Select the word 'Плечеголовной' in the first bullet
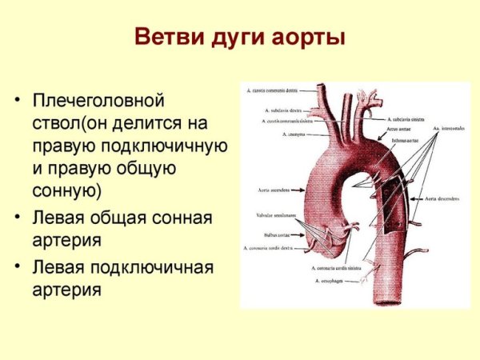pyautogui.click(x=98, y=102)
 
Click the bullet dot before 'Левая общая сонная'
pyautogui.click(x=18, y=217)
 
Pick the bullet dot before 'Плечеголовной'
pyautogui.click(x=18, y=102)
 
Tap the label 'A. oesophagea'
pyautogui.click(x=329, y=281)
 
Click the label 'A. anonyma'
pyautogui.click(x=294, y=134)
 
